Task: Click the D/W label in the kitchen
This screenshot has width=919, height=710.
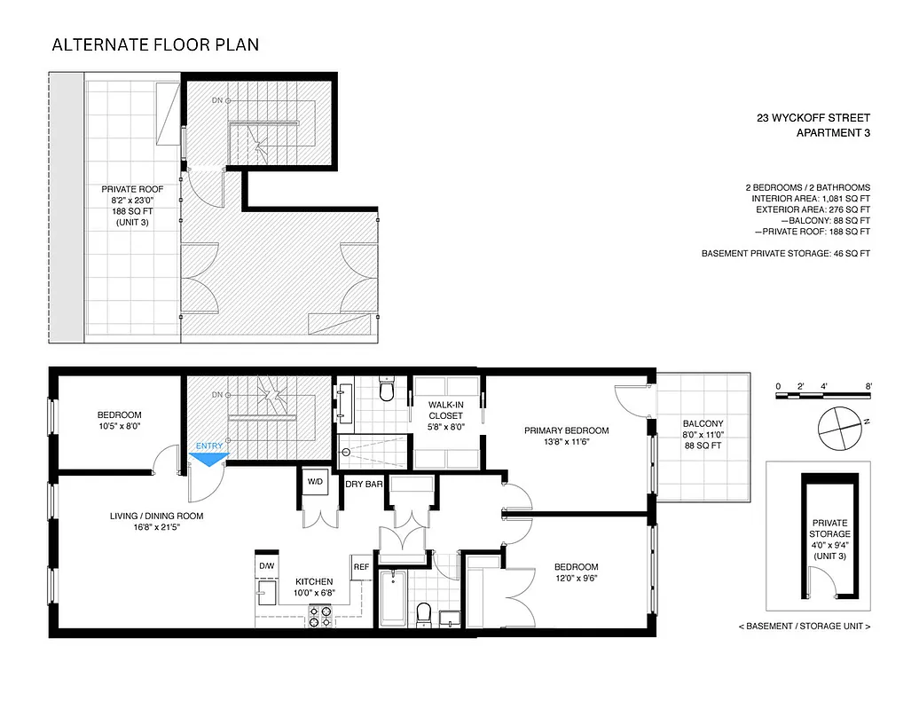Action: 266,565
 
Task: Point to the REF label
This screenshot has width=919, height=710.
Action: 361,566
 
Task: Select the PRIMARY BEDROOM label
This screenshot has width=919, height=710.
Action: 566,431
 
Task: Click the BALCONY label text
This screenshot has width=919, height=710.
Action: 703,423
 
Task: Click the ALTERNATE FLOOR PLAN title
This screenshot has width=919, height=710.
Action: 155,44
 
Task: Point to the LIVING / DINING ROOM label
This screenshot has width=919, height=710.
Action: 157,517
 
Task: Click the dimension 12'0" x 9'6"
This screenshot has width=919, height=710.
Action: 576,580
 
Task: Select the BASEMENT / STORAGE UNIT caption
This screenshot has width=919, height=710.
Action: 804,627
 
